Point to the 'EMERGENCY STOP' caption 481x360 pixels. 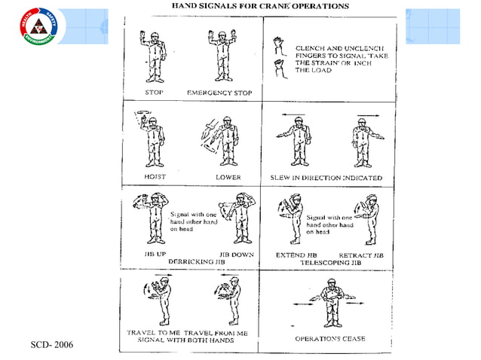tap(219, 93)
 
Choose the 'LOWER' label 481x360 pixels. tap(228, 177)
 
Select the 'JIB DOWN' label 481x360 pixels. tap(236, 255)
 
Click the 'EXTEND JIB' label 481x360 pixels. tap(286, 255)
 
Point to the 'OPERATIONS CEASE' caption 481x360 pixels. tap(329, 339)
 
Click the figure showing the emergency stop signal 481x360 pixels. tap(220, 56)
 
